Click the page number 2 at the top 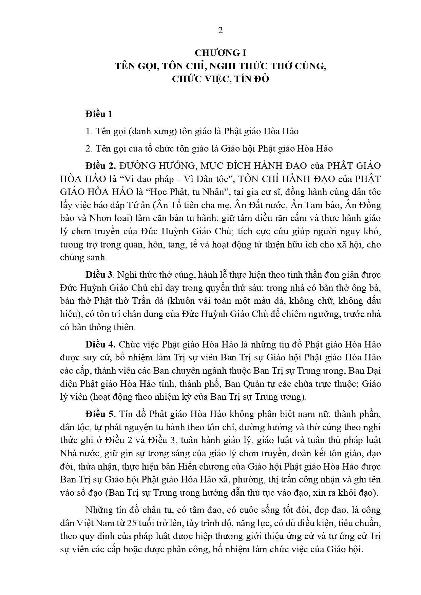tap(220, 30)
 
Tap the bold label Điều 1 tap(99, 114)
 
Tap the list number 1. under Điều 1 tap(89, 131)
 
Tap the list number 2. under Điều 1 tap(89, 148)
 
